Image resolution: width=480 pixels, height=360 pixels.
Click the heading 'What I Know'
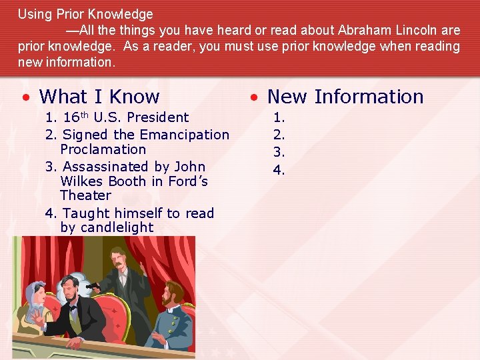[x=99, y=97]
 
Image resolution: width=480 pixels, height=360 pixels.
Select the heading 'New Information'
[x=345, y=97]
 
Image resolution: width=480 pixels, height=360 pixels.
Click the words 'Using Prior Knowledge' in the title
[x=85, y=14]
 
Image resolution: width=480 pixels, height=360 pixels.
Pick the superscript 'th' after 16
[x=86, y=114]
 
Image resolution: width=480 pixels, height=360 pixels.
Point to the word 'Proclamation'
[x=103, y=149]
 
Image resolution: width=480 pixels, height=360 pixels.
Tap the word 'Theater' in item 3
[x=85, y=195]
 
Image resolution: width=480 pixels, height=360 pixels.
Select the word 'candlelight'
[x=107, y=227]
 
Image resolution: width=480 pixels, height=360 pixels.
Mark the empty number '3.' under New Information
[x=279, y=152]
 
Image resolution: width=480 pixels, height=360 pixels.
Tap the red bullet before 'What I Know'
[x=25, y=97]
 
